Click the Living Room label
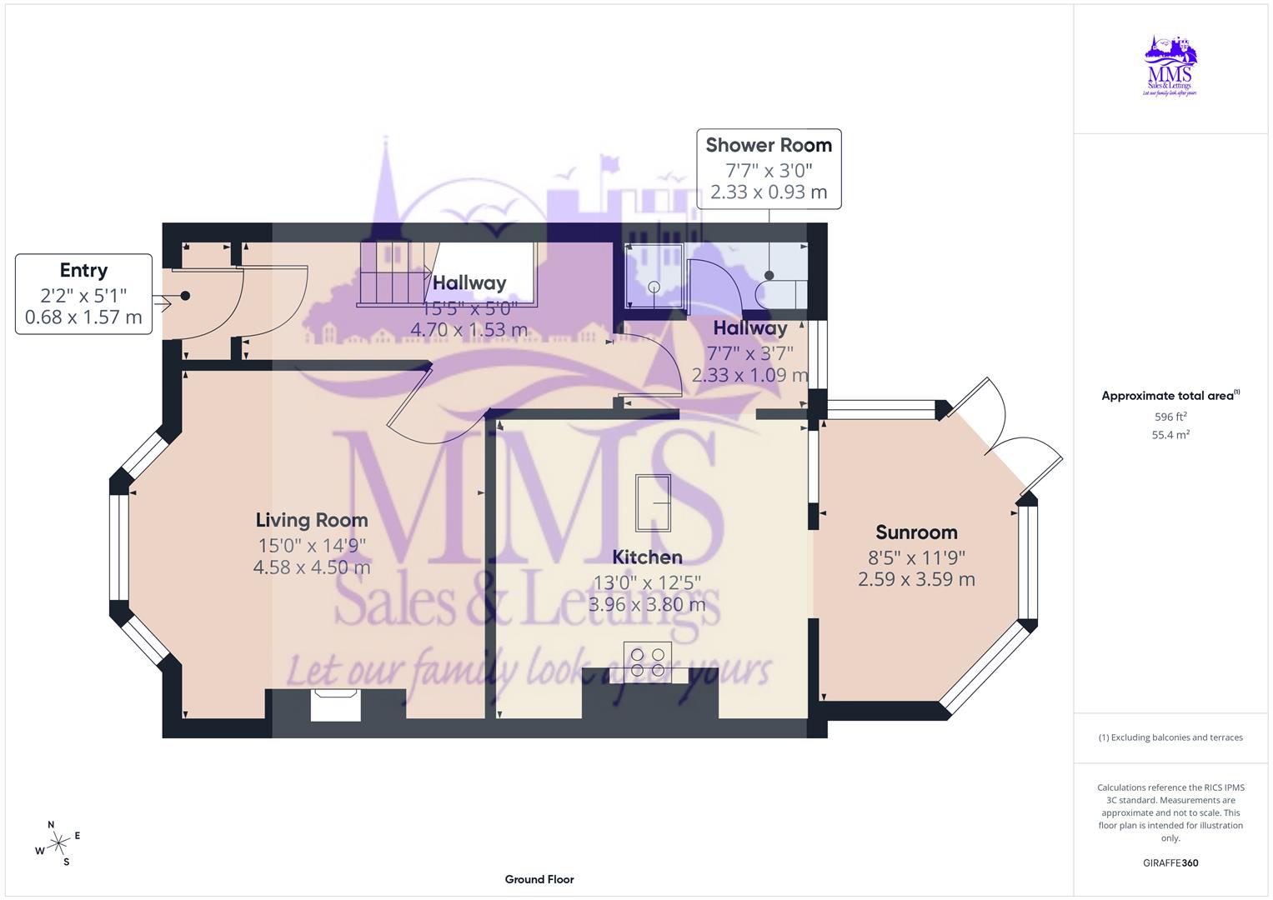tap(312, 521)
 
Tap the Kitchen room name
tap(647, 557)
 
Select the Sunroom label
tap(916, 532)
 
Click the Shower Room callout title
tap(769, 145)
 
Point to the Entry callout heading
tap(83, 271)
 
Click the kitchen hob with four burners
tap(648, 661)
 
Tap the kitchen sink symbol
tap(654, 503)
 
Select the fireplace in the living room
tap(336, 705)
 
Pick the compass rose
tap(58, 843)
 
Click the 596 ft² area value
tap(1170, 417)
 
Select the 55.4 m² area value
tap(1170, 435)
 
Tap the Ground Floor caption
tap(539, 879)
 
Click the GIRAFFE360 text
tap(1170, 862)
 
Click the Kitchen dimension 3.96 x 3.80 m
tap(647, 604)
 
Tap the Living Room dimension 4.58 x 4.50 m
tap(312, 567)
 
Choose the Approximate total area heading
tap(1170, 396)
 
